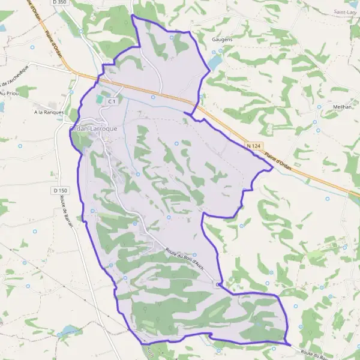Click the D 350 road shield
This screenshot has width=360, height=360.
point(59,3)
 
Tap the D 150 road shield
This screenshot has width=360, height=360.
point(58,190)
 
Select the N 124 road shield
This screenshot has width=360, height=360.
point(253,146)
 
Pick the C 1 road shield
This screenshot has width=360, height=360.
point(112,102)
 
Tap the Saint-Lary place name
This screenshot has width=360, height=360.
point(347,11)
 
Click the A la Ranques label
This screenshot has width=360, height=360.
point(49,112)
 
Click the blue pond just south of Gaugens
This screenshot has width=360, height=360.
point(215,61)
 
